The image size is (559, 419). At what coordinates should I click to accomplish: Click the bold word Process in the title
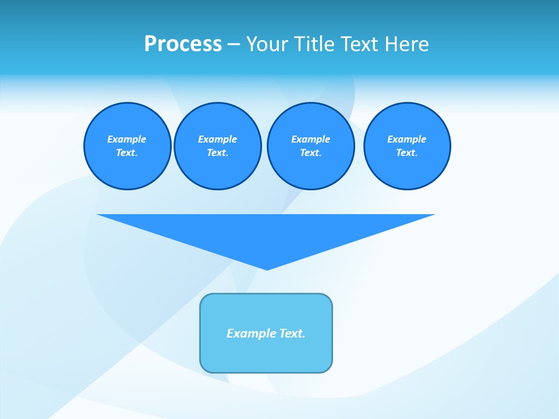click(183, 44)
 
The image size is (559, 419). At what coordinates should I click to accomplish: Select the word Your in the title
click(268, 44)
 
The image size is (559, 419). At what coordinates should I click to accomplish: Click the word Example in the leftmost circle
click(127, 139)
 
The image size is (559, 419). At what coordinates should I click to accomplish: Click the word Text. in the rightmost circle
click(407, 152)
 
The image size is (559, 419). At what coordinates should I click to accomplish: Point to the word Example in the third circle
click(310, 139)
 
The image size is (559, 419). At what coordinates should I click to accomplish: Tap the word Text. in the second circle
click(218, 152)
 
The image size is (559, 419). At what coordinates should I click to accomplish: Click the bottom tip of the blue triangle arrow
click(267, 268)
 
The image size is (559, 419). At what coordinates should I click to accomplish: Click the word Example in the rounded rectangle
click(252, 333)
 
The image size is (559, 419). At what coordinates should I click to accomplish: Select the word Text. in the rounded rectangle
click(292, 333)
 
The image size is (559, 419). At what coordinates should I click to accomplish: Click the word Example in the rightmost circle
click(407, 139)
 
